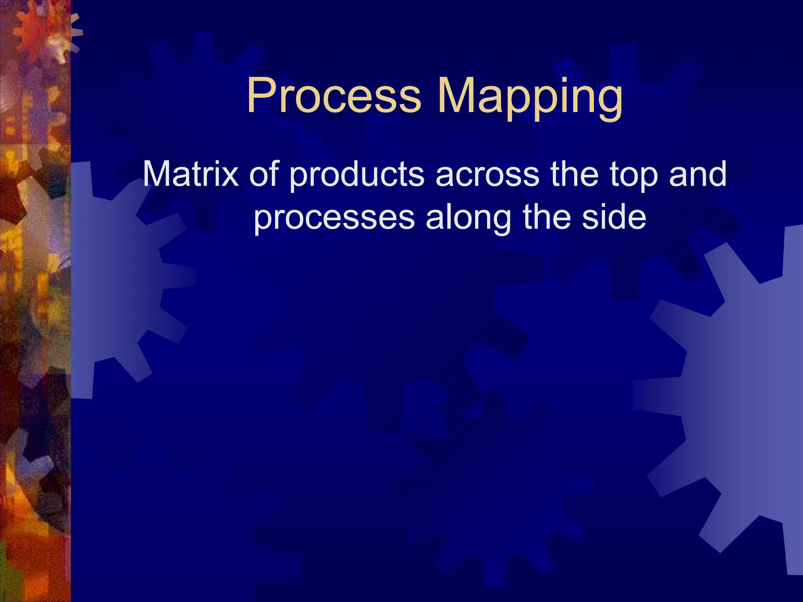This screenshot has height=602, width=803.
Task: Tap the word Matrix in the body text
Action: pyautogui.click(x=191, y=174)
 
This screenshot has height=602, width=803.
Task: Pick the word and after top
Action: pyautogui.click(x=698, y=174)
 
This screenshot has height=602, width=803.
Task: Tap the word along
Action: pyautogui.click(x=469, y=218)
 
